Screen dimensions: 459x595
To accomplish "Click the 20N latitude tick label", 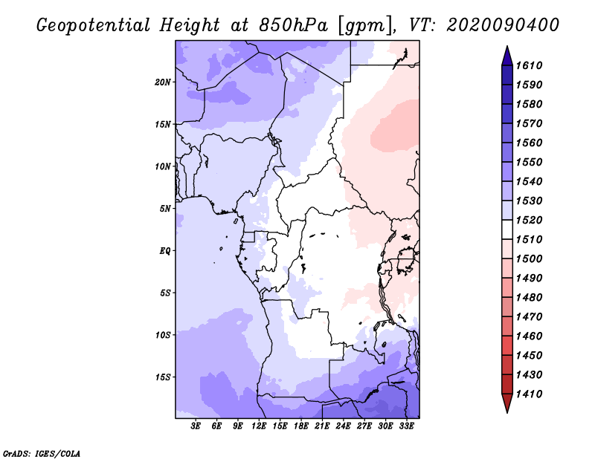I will (163, 82).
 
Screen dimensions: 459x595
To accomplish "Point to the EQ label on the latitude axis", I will (164, 251).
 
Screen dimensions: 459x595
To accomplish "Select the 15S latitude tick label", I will (163, 377).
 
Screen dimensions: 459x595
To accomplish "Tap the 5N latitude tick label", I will (165, 209).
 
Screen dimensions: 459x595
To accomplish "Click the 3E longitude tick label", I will (196, 426).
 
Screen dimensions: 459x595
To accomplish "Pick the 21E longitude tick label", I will (322, 426).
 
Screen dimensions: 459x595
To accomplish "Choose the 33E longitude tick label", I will (406, 426).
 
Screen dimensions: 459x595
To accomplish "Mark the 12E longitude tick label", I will (259, 426).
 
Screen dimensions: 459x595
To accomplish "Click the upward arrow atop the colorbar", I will (506, 54).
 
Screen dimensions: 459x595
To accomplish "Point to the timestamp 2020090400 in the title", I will (502, 25).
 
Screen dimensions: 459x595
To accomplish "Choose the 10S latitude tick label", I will (163, 335).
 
